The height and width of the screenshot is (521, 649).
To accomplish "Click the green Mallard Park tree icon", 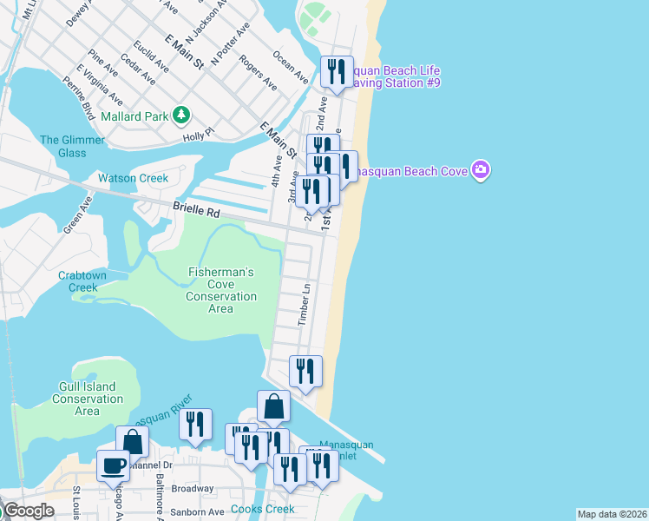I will click(181, 115).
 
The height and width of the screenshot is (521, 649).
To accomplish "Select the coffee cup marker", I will click(113, 467).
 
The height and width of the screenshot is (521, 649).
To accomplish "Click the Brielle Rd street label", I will click(197, 209).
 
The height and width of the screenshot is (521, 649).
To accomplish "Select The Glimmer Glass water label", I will click(72, 146).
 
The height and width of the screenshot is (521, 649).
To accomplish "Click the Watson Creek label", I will click(133, 178).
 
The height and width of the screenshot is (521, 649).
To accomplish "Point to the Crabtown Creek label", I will click(83, 281).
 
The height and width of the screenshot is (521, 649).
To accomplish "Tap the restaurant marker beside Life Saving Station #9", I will click(336, 72).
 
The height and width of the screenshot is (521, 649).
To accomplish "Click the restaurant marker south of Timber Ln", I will click(305, 372).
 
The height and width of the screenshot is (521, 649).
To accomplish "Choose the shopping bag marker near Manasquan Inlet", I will click(273, 406).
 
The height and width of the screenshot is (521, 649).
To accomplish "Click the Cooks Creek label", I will click(262, 510).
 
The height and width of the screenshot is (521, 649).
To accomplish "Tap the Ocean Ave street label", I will click(290, 67).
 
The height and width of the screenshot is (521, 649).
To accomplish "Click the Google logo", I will click(28, 511).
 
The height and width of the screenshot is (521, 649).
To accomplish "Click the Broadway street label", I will click(192, 489).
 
